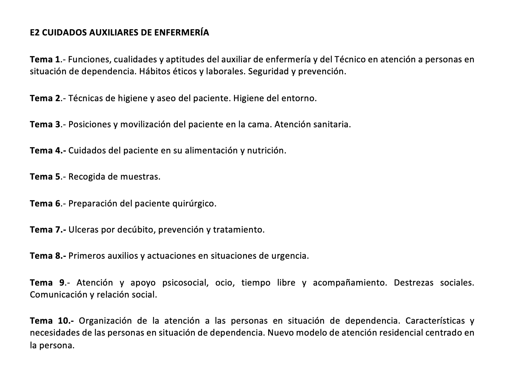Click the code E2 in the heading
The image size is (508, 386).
pos(34,33)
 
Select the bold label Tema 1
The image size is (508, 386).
pos(45,59)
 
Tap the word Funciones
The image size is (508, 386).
pos(89,59)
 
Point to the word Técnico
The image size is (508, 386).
pos(350,59)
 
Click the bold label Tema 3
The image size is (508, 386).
pos(45,124)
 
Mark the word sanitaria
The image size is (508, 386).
pos(332,124)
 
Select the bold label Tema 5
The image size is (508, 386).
pos(45,177)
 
